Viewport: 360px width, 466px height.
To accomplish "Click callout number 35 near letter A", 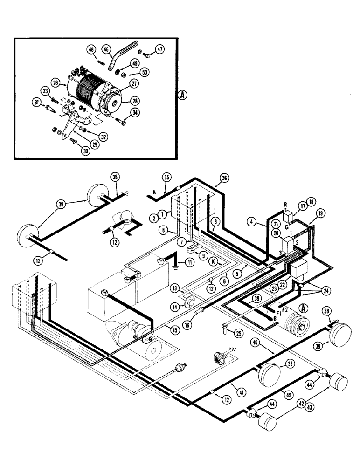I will click(x=166, y=178).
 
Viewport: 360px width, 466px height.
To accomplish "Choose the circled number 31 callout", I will click(x=37, y=103).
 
